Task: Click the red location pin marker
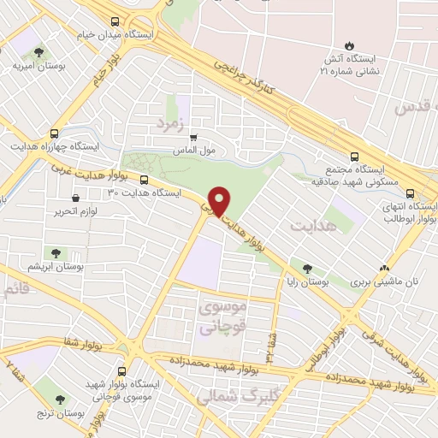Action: (x=221, y=201)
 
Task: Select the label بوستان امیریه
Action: (x=35, y=66)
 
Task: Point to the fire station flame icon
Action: (x=348, y=44)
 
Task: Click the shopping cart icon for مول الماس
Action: (x=193, y=136)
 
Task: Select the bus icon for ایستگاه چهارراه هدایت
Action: (x=55, y=133)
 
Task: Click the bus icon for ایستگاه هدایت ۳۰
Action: (x=143, y=180)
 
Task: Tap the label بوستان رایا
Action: (x=306, y=281)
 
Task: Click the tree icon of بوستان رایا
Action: (x=306, y=267)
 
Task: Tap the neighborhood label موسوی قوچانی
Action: (x=221, y=316)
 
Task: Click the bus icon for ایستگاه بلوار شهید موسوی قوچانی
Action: (x=121, y=371)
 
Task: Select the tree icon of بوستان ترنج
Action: (x=61, y=399)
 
